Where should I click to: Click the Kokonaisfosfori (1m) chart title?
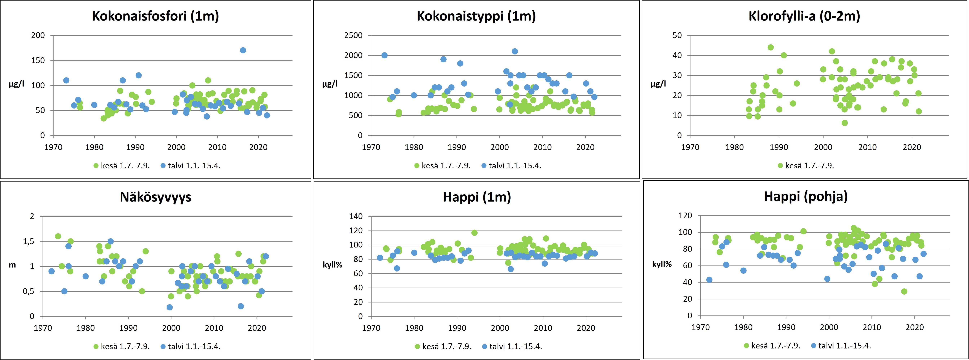155,16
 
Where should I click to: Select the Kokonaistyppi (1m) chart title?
476,16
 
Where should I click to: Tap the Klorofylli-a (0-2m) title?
804,16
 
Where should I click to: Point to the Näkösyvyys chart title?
155,197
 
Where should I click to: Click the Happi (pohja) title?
806,196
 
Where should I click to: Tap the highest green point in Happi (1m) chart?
474,233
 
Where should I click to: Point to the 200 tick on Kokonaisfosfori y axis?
38,35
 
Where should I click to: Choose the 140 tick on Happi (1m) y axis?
356,216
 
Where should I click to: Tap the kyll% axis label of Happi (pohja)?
662,264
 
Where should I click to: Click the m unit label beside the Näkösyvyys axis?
12,265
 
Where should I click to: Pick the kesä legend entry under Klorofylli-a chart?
806,165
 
